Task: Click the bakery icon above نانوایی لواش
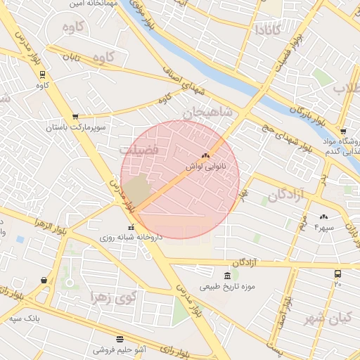(x=205, y=156)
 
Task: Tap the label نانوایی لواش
(x=205, y=167)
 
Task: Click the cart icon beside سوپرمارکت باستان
(x=75, y=117)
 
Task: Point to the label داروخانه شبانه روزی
(x=132, y=238)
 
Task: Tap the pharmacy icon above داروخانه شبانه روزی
(x=132, y=227)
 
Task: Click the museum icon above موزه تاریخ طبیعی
(x=226, y=276)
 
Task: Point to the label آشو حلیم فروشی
(x=120, y=349)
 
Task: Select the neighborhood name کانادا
(x=268, y=30)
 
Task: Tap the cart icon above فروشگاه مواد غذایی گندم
(x=342, y=131)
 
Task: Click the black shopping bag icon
(x=44, y=280)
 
